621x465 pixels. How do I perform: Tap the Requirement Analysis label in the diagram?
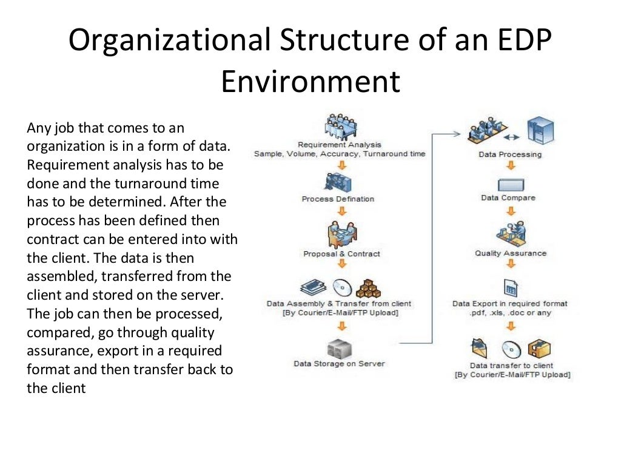(340, 145)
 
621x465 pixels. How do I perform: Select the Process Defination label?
(338, 199)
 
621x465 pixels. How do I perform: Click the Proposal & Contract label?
(341, 254)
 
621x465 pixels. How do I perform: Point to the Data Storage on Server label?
(339, 364)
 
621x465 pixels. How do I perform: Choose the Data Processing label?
(510, 154)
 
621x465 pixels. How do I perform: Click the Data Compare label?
(508, 197)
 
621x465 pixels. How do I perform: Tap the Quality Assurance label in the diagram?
(511, 253)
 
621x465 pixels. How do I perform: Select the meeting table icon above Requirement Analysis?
(341, 127)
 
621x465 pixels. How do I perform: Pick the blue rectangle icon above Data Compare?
(511, 184)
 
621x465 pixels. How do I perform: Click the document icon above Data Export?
(511, 287)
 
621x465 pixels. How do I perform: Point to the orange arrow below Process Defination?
(342, 211)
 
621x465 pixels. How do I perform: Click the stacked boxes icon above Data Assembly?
(368, 288)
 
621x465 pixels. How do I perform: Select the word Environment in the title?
(310, 81)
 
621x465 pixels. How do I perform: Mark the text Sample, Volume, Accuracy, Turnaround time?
(340, 154)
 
